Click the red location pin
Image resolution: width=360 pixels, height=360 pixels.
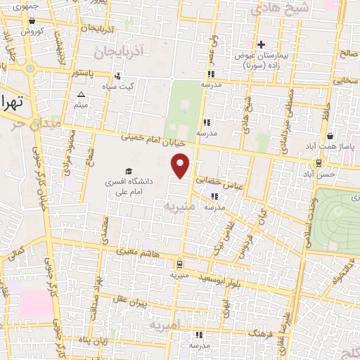(181, 165)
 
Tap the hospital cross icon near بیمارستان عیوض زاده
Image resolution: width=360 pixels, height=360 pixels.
(260, 44)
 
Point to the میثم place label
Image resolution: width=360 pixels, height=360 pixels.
(82, 105)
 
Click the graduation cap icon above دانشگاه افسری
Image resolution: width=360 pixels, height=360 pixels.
(128, 171)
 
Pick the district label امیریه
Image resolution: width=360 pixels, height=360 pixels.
(165, 323)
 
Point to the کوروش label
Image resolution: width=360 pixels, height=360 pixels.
(32, 31)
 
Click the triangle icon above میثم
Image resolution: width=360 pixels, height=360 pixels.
(82, 94)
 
